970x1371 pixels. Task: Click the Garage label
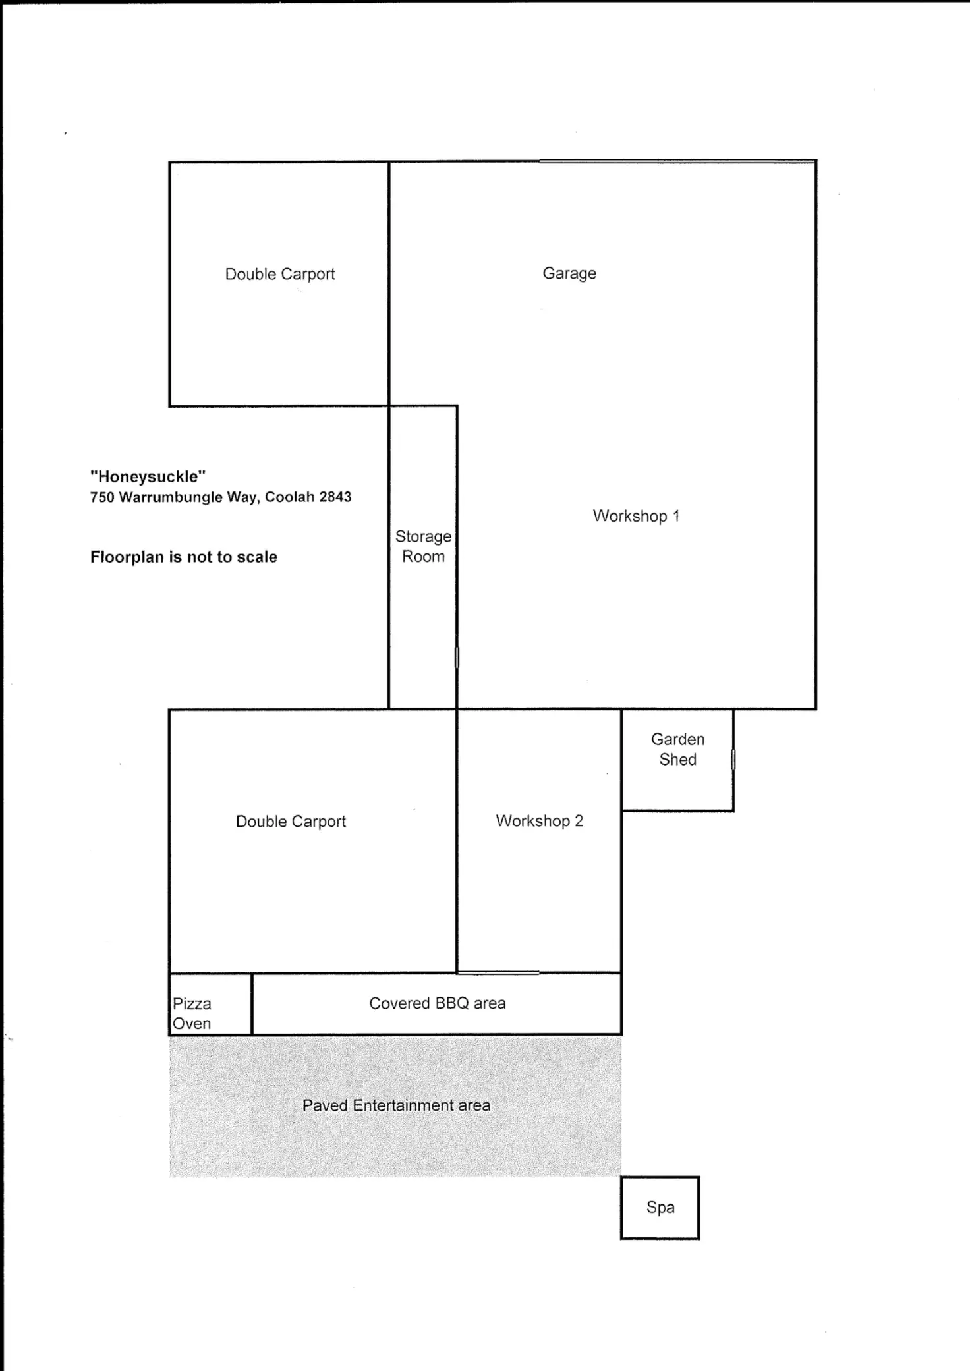click(569, 273)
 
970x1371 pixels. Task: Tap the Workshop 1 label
click(636, 516)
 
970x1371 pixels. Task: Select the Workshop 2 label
click(539, 821)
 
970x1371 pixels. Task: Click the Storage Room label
click(423, 546)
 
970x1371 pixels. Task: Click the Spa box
click(660, 1208)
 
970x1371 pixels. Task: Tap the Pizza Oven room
click(210, 1004)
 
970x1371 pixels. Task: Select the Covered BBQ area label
click(437, 1003)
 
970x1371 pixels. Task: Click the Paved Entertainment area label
click(396, 1105)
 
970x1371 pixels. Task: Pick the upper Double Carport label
click(280, 274)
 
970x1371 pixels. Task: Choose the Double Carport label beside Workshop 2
click(291, 822)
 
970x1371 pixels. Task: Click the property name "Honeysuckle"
click(148, 476)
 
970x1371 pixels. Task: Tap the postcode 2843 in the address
click(335, 497)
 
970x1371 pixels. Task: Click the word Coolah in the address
click(289, 497)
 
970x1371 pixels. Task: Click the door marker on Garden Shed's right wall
click(733, 760)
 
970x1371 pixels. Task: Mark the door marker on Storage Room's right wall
click(457, 657)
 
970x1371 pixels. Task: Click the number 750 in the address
click(102, 497)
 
